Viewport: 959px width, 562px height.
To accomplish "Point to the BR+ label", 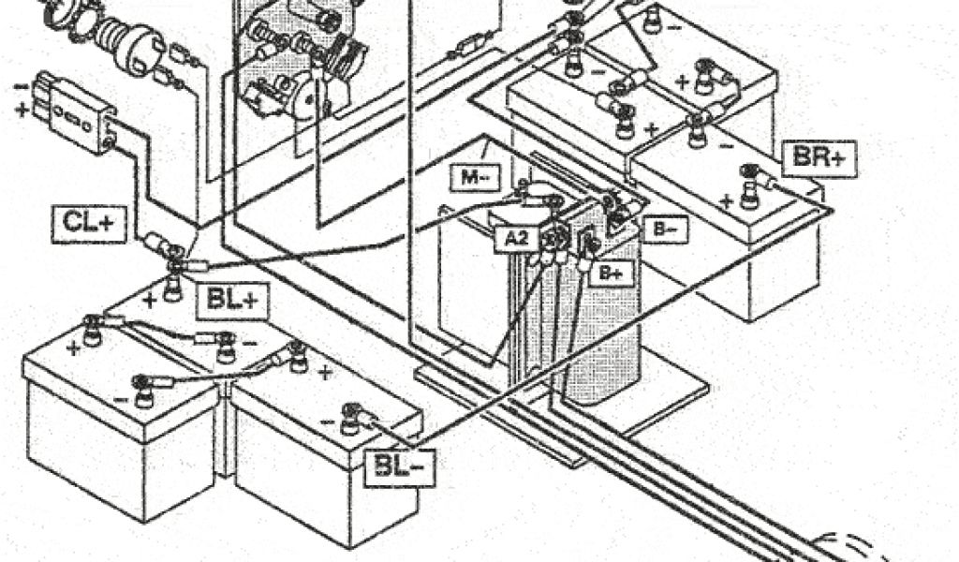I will [x=818, y=157].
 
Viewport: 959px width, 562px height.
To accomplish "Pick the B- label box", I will [x=664, y=228].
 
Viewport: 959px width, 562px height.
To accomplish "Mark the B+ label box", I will [x=611, y=274].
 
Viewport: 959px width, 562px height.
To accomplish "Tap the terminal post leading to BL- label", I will [x=351, y=418].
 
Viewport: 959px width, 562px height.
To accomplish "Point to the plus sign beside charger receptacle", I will [x=21, y=110].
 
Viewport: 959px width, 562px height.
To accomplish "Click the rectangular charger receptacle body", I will [x=75, y=113].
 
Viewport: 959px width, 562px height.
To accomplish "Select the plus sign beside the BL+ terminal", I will [x=149, y=301].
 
